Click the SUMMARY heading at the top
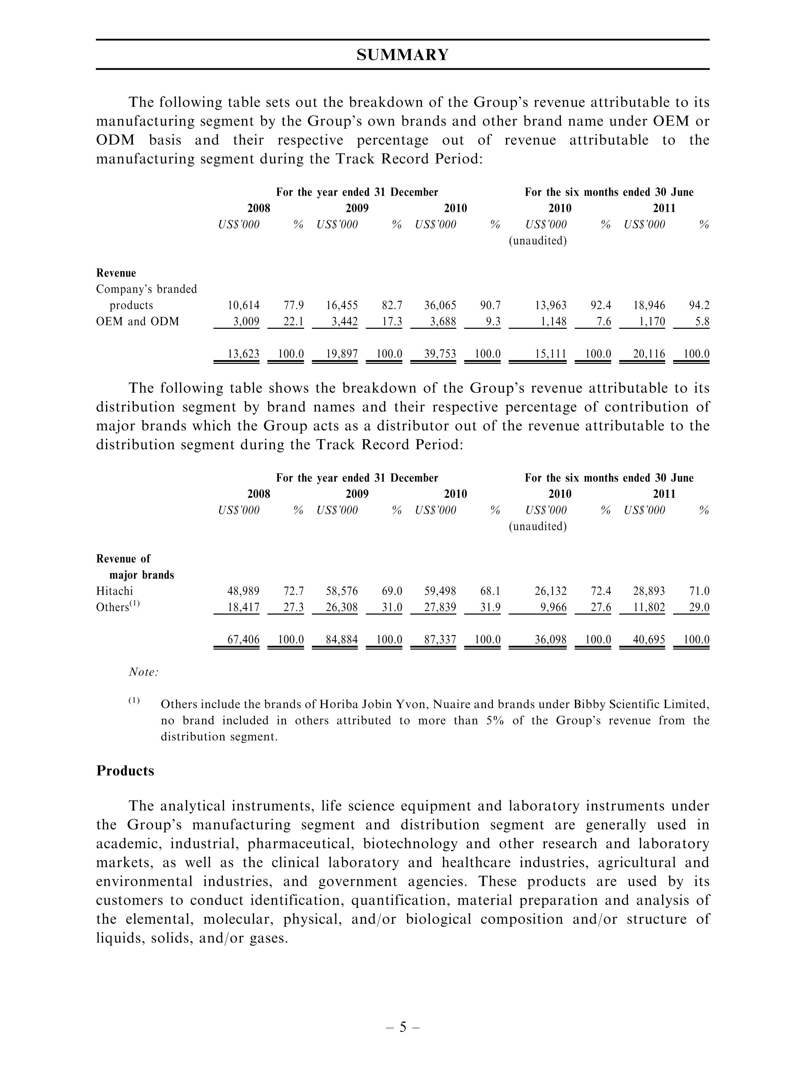click(402, 55)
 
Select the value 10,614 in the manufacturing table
click(244, 305)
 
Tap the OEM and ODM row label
click(137, 321)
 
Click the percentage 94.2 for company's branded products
click(699, 305)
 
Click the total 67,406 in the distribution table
click(244, 639)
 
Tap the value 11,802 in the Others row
click(649, 607)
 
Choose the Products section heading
click(125, 771)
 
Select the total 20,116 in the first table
click(649, 354)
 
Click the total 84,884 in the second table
click(342, 639)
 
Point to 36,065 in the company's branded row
click(440, 305)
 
